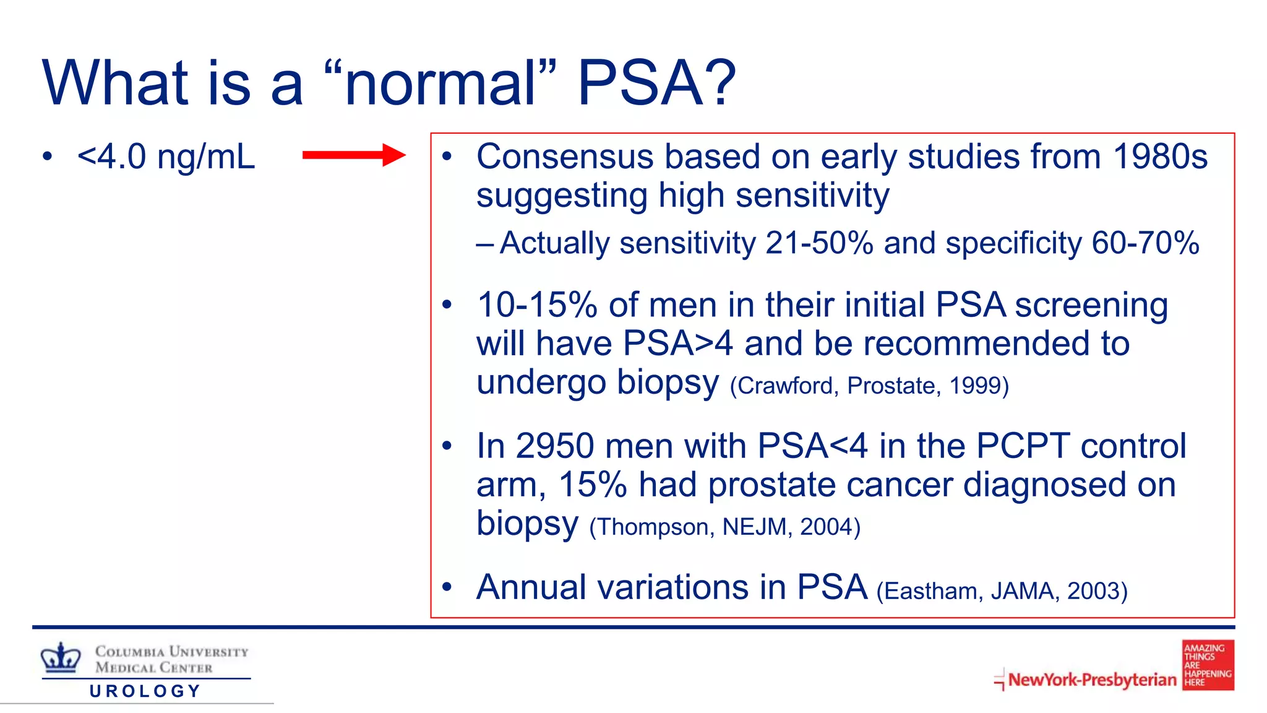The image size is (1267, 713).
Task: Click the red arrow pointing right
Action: pyautogui.click(x=353, y=155)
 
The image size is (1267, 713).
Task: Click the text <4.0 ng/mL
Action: pyautogui.click(x=166, y=157)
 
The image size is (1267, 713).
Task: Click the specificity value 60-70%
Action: pyautogui.click(x=1145, y=243)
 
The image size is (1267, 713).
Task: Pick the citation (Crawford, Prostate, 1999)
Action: pyautogui.click(x=869, y=386)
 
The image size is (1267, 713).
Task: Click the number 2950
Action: pyautogui.click(x=554, y=446)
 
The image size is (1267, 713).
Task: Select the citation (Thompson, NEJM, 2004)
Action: pyautogui.click(x=724, y=527)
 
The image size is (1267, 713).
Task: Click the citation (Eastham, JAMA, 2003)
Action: pyautogui.click(x=1002, y=591)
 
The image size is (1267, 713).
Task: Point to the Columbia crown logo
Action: pyautogui.click(x=61, y=657)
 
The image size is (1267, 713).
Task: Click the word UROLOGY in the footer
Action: pyautogui.click(x=145, y=691)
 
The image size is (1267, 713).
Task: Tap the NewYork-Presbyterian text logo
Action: pyautogui.click(x=1092, y=680)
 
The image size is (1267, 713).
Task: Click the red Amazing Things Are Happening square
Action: pyautogui.click(x=1208, y=665)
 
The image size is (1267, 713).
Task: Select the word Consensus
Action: pyautogui.click(x=565, y=157)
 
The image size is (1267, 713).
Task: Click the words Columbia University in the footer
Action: pyautogui.click(x=171, y=652)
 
